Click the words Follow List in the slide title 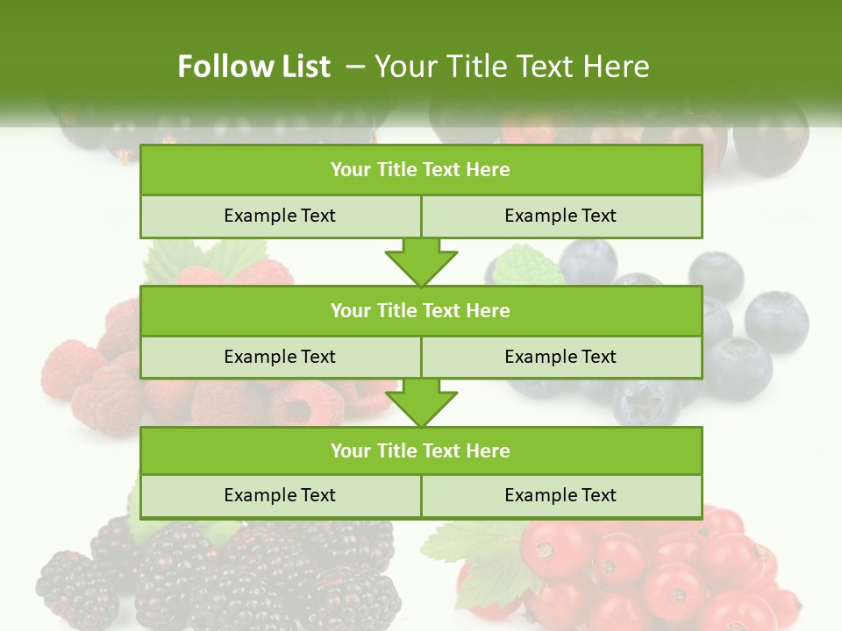pyautogui.click(x=253, y=67)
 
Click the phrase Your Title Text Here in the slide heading pyautogui.click(x=511, y=67)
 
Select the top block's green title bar pyautogui.click(x=421, y=170)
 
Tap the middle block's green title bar pyautogui.click(x=421, y=310)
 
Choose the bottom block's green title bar pyautogui.click(x=421, y=450)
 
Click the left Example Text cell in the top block pyautogui.click(x=280, y=216)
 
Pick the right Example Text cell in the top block pyautogui.click(x=561, y=216)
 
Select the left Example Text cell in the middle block pyautogui.click(x=280, y=357)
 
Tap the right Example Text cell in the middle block pyautogui.click(x=561, y=357)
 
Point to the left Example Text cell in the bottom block pyautogui.click(x=280, y=496)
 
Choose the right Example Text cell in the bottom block pyautogui.click(x=561, y=496)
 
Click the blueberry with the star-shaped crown pyautogui.click(x=646, y=402)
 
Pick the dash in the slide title pyautogui.click(x=355, y=67)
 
